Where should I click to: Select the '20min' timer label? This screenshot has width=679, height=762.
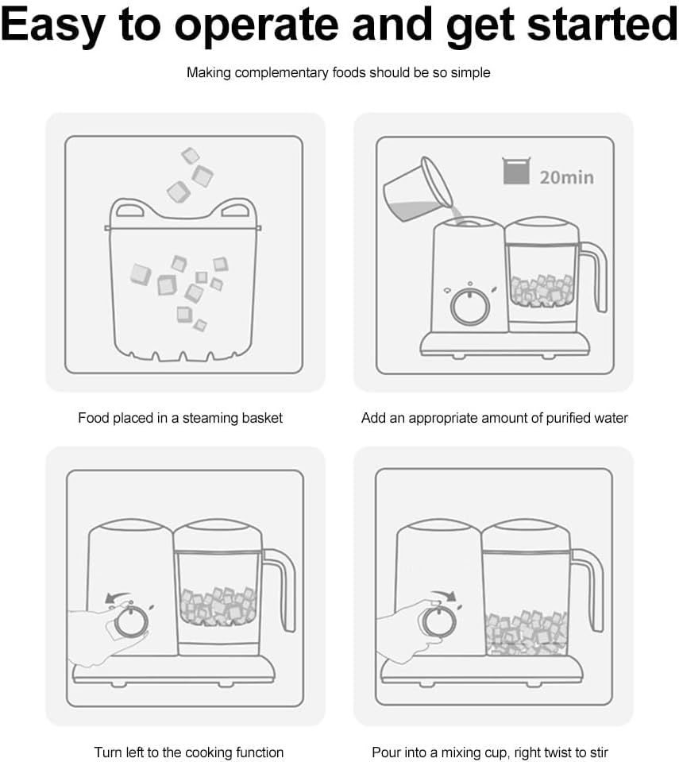[566, 176]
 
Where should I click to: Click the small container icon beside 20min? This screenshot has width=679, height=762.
[515, 171]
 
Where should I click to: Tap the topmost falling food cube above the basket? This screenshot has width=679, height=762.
[190, 156]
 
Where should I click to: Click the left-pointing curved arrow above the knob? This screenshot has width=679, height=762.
[119, 598]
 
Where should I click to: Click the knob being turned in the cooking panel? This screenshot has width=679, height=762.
[130, 622]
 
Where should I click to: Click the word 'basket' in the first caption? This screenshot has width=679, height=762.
[261, 418]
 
